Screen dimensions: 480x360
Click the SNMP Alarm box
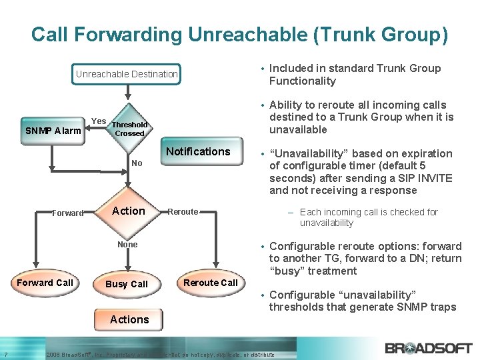[53, 131]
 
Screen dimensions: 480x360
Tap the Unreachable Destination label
[127, 74]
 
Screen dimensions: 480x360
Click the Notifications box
[198, 152]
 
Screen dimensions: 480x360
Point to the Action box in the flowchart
[129, 211]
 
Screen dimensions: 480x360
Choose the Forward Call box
[45, 283]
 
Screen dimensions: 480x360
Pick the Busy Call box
[127, 284]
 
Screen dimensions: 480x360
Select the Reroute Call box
[211, 283]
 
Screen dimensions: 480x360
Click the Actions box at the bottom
[129, 319]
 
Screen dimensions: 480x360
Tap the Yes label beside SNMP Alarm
[98, 121]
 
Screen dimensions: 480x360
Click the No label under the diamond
[137, 163]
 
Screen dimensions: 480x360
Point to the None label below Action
[127, 245]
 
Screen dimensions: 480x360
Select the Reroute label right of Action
[183, 212]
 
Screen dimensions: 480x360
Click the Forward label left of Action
[68, 213]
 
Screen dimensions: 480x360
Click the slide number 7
[5, 354]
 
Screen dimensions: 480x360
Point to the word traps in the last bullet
[443, 307]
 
